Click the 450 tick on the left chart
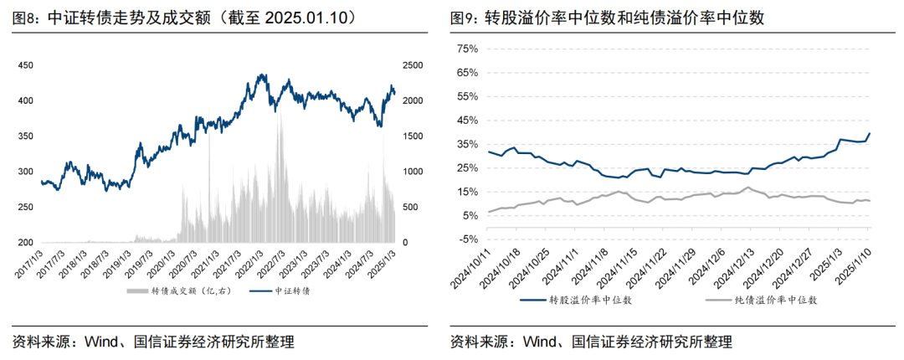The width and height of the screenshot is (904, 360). tap(25, 65)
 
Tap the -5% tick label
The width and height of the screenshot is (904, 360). tap(465, 239)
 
